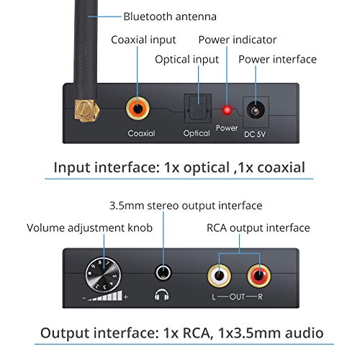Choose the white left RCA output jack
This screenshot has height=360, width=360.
pyautogui.click(x=217, y=274)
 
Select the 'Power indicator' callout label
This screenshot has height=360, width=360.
pyautogui.click(x=238, y=40)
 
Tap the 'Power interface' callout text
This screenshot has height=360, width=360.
pyautogui.click(x=277, y=59)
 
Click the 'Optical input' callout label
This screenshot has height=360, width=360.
pyautogui.click(x=186, y=59)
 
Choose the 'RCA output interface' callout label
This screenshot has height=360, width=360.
pyautogui.click(x=257, y=228)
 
